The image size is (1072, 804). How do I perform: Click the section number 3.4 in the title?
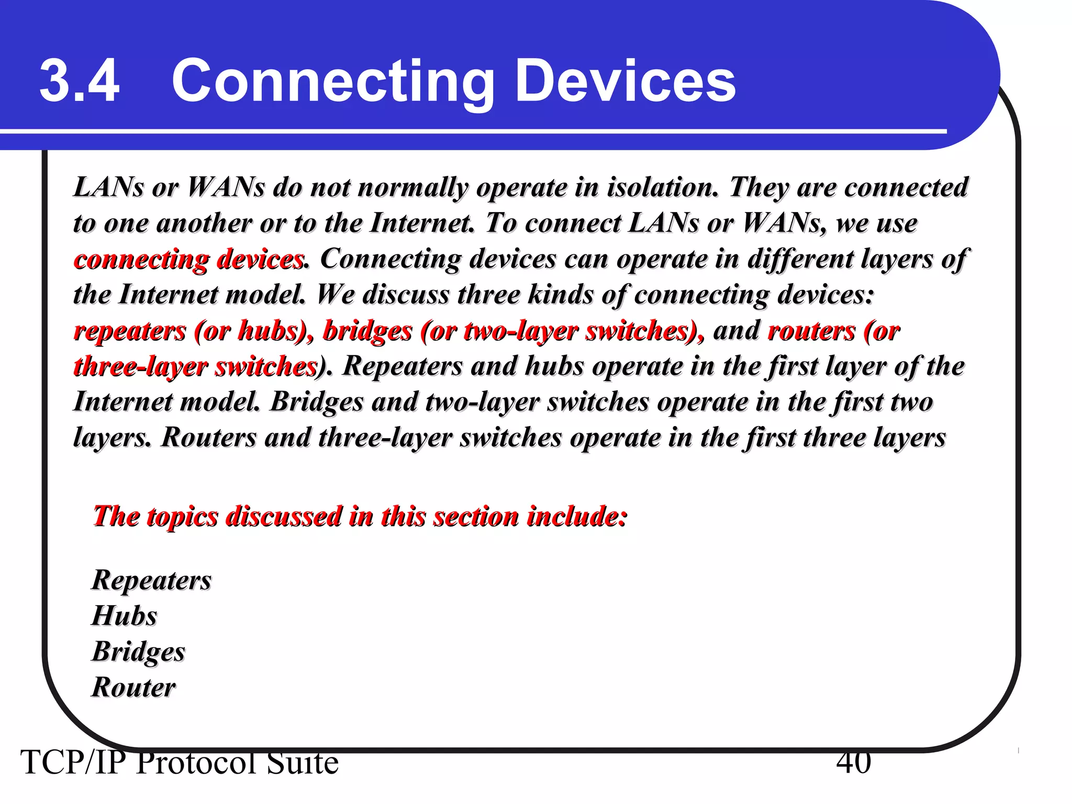[x=80, y=81]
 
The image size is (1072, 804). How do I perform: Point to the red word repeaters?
[x=130, y=331]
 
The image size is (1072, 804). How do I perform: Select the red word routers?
[x=811, y=331]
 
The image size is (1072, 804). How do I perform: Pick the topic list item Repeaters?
[x=152, y=580]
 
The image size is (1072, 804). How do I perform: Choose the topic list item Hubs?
[x=125, y=616]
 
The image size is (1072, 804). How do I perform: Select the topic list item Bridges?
[x=139, y=652]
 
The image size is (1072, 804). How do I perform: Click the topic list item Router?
[x=134, y=687]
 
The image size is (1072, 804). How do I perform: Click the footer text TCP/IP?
[x=73, y=763]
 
